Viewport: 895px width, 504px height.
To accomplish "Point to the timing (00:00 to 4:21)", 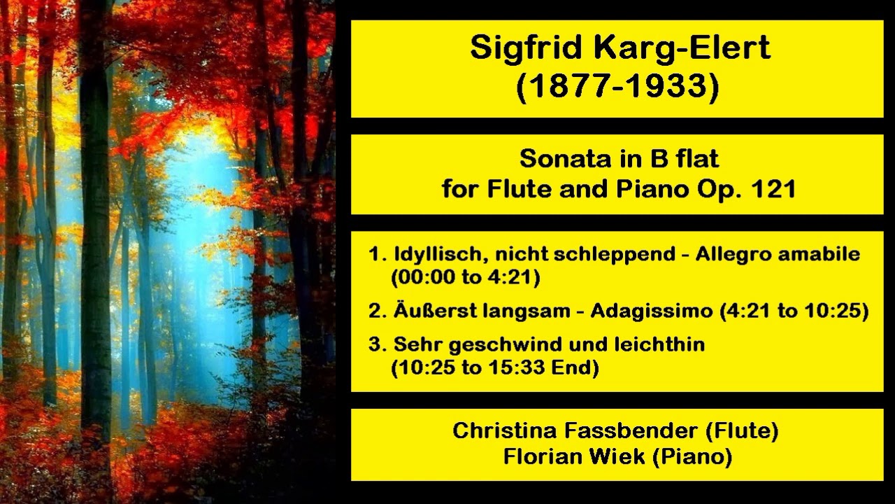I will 466,278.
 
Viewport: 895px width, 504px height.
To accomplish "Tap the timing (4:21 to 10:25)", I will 794,311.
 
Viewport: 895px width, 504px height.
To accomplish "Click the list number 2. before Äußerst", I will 377,311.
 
